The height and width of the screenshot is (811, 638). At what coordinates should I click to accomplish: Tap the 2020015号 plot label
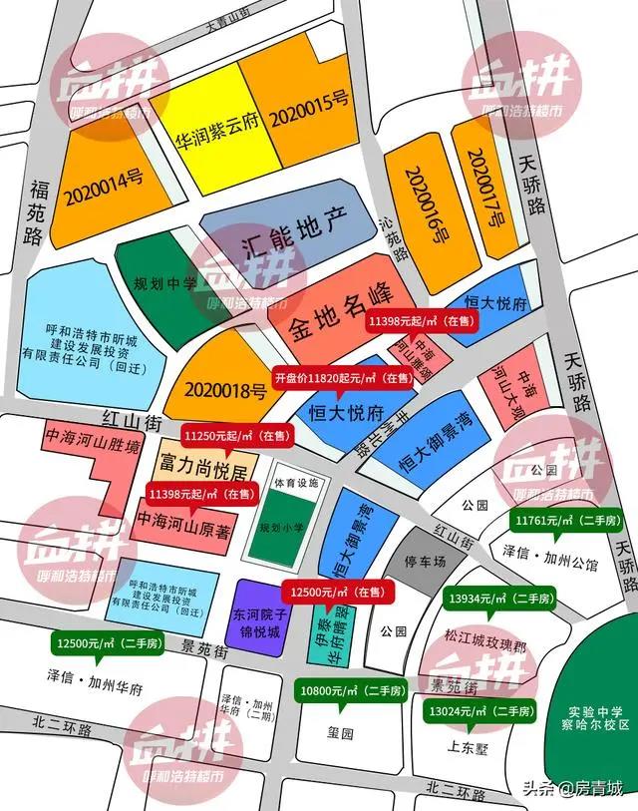[308, 100]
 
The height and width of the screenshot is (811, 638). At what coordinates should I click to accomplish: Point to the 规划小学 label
[277, 527]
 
